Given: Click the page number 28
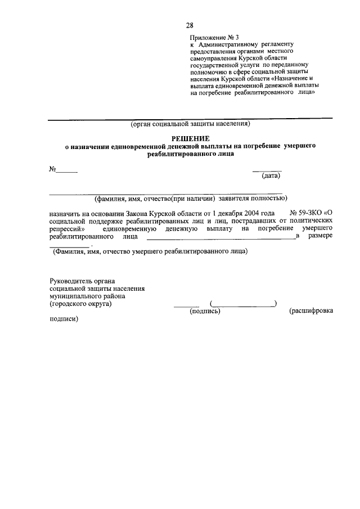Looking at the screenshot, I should click(x=190, y=25).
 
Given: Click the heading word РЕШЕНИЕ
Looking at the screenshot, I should click(x=190, y=138).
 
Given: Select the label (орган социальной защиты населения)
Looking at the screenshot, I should click(x=190, y=124).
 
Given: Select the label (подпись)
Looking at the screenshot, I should click(x=205, y=310).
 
